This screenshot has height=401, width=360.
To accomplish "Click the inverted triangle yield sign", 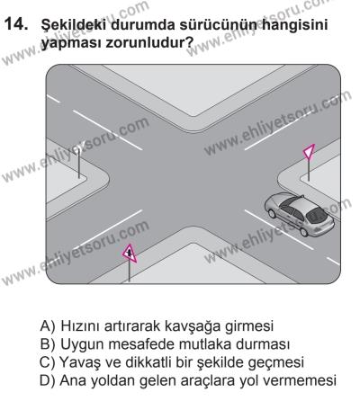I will (310, 155).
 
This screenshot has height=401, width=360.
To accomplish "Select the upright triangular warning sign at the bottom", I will (130, 254).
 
